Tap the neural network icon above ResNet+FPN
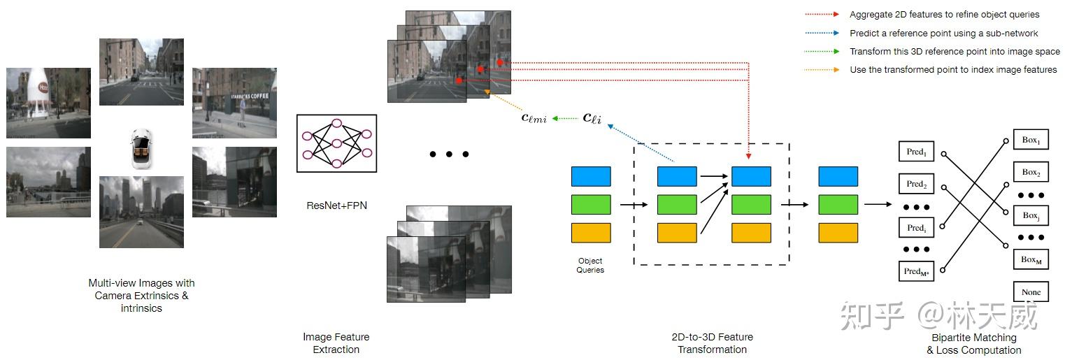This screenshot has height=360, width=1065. click(336, 143)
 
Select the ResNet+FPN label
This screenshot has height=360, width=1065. click(336, 206)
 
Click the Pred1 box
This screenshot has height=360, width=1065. click(916, 152)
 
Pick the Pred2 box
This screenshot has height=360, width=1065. click(916, 185)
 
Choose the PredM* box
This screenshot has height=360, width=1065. click(916, 272)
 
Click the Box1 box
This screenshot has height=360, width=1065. click(1031, 140)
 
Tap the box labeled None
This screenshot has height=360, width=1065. click(1031, 292)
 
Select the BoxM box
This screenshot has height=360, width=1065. click(1031, 259)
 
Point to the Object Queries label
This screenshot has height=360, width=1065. click(590, 266)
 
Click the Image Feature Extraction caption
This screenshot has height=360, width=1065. click(336, 343)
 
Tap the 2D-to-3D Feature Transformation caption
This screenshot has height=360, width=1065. click(712, 343)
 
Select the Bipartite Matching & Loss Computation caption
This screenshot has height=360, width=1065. click(973, 344)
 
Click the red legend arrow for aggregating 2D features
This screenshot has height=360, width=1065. click(821, 14)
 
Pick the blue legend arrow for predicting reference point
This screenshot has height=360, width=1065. click(821, 33)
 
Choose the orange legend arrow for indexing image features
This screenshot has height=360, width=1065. click(821, 70)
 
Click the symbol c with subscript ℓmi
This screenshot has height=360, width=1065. click(534, 118)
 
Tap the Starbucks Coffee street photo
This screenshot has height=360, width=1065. click(234, 103)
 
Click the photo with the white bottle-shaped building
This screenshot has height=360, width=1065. click(48, 103)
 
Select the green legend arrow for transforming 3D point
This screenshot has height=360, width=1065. click(821, 51)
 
